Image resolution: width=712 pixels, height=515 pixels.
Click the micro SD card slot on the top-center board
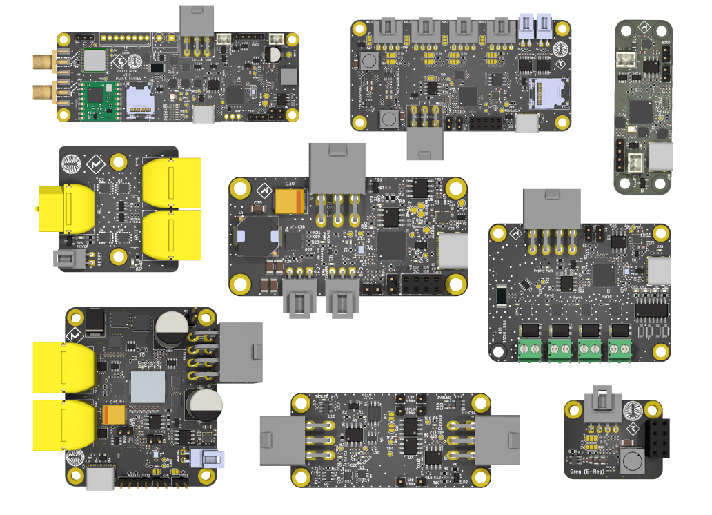point(547,94)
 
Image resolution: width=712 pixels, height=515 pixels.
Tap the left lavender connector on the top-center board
point(528,29)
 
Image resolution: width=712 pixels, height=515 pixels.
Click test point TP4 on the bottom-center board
point(391,449)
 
